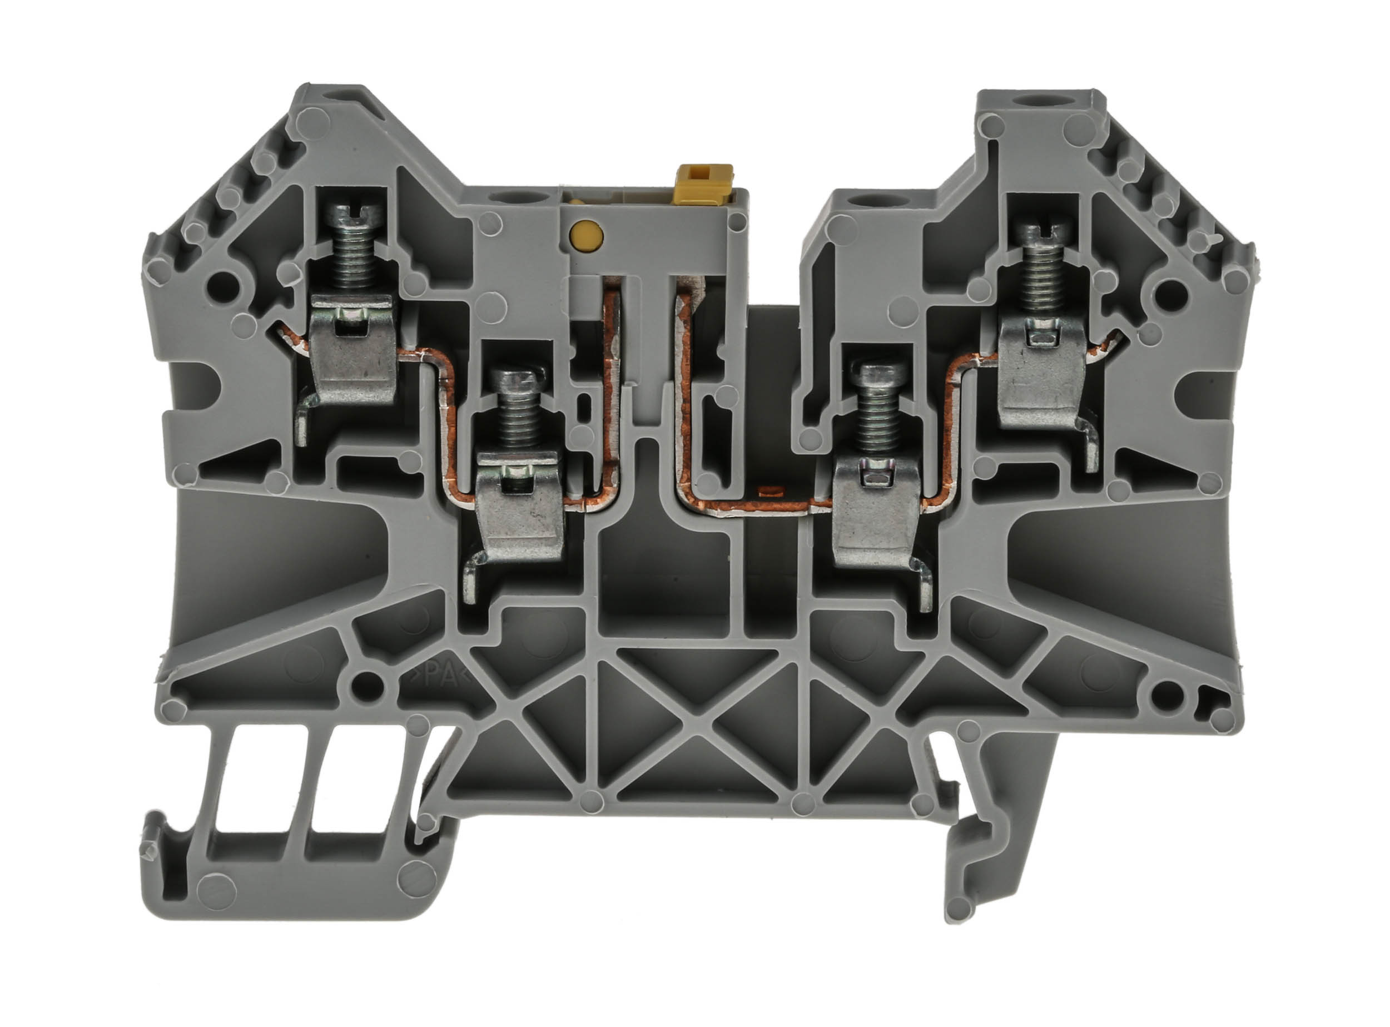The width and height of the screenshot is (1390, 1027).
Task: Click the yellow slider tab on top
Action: pyautogui.click(x=707, y=180)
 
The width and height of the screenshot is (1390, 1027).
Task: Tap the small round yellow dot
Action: pyautogui.click(x=585, y=234)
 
